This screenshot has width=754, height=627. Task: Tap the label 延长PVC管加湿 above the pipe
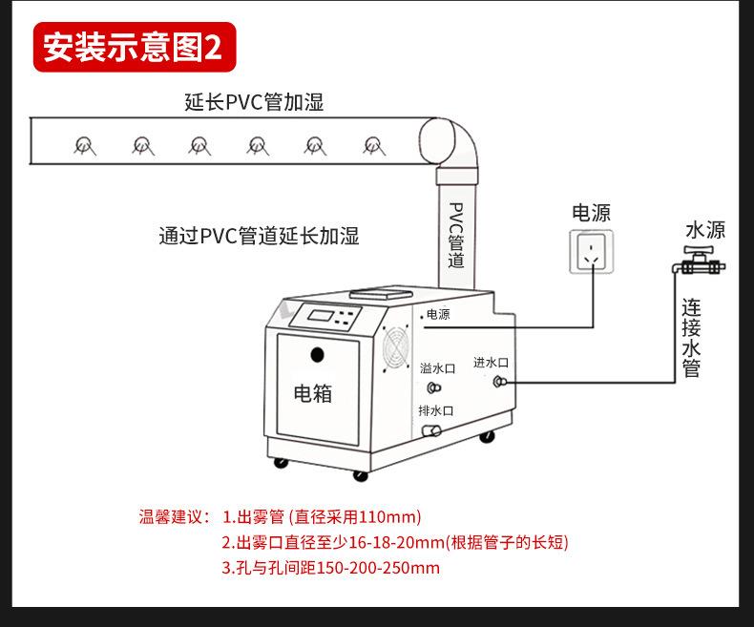pos(254,102)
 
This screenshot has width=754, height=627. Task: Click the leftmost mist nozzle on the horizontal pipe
pos(84,145)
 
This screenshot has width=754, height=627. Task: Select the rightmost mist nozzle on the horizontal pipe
pos(373,145)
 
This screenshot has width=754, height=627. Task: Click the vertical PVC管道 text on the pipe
pos(456,234)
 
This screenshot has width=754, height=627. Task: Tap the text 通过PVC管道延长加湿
pos(259,236)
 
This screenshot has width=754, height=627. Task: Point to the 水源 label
pos(705,230)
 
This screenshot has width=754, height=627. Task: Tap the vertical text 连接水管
pos(692,338)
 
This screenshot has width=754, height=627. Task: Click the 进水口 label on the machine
pos(491,363)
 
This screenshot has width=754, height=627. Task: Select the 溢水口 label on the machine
pos(437,367)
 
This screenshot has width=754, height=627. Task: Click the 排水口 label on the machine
pos(435,410)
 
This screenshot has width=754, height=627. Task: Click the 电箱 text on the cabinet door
pos(312,392)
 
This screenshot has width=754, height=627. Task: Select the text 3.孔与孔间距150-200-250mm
pos(330,568)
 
